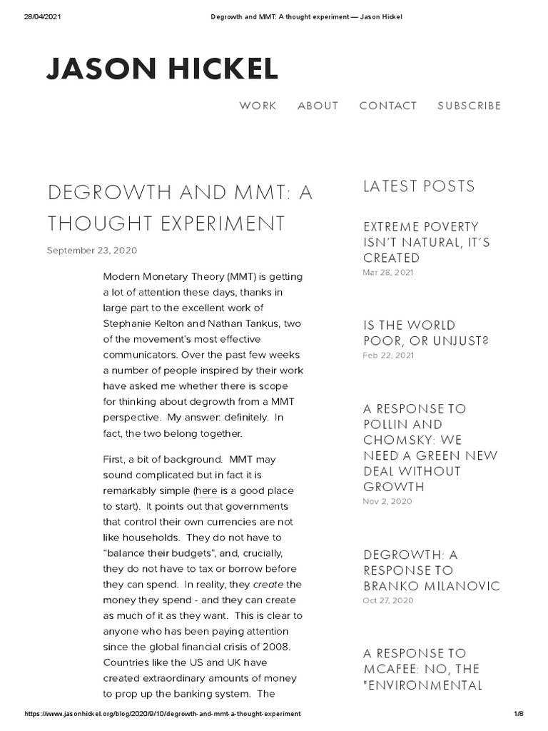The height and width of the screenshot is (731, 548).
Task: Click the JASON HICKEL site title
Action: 162,69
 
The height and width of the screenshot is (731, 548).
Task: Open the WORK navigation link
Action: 258,106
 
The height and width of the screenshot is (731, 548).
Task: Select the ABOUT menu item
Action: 318,106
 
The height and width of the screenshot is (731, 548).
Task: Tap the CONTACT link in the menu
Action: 388,106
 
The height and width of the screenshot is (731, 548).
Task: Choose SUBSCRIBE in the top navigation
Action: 469,106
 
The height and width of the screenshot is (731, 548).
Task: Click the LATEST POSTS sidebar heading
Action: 419,186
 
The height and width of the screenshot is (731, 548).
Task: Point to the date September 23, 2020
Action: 92,251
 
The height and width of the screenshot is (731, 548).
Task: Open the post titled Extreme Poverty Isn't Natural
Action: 427,242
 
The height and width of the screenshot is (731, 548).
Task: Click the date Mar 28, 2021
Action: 387,273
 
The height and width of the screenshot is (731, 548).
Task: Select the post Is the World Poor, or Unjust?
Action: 426,333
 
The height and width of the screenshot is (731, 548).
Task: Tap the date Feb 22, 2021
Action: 387,355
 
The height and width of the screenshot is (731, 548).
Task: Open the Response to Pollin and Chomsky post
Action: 430,448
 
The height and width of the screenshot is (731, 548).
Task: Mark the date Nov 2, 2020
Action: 387,501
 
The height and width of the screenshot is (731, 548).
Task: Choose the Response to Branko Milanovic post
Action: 432,570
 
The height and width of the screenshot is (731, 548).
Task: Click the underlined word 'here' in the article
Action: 206,491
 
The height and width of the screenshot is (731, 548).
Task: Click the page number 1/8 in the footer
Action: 518,714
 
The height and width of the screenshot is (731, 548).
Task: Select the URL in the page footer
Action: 163,714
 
